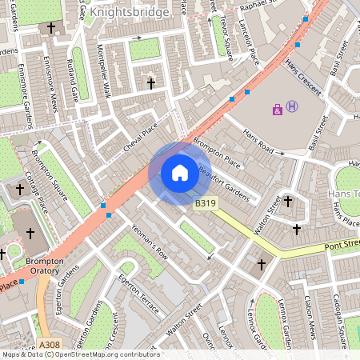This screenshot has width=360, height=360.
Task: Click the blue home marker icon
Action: coord(180,172)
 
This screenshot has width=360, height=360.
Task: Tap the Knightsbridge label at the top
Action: coord(129,13)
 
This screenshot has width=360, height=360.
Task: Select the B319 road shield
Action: coord(206,204)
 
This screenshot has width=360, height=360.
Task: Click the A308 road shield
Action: coord(49,345)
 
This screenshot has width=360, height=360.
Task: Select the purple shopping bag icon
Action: coord(278,109)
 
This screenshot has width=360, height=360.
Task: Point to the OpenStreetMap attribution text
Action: coord(80,354)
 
